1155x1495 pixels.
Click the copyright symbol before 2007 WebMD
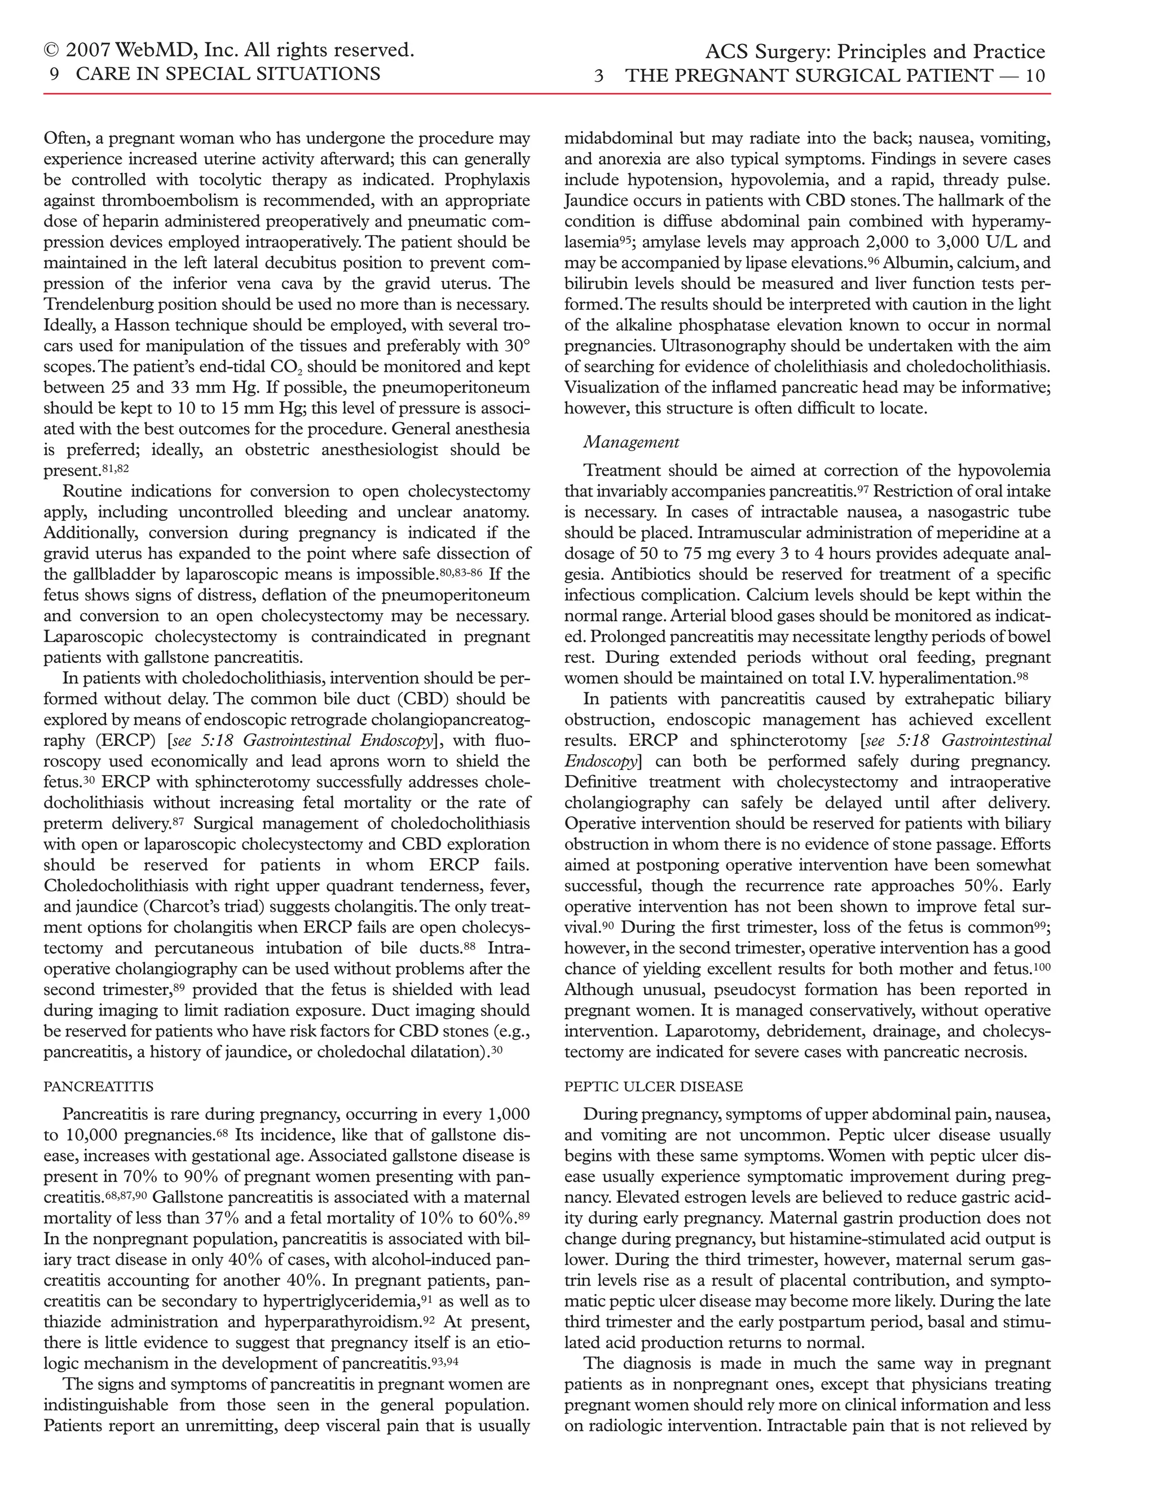(x=51, y=51)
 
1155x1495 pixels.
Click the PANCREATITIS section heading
(x=99, y=1087)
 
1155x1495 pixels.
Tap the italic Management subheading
(x=631, y=442)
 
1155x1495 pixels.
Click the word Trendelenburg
(x=94, y=305)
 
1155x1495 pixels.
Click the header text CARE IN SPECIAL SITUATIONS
(x=228, y=74)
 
